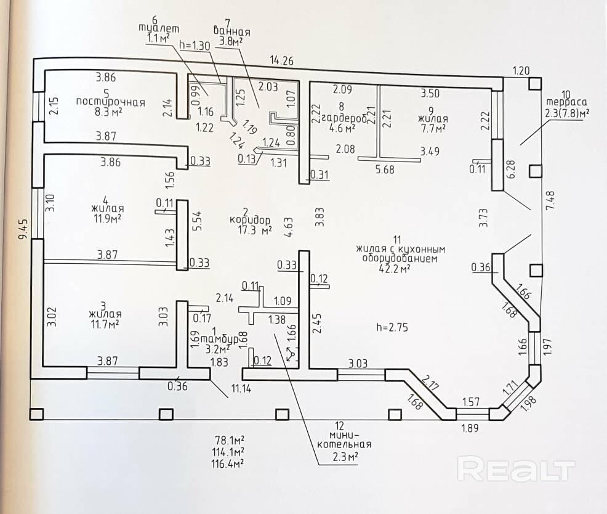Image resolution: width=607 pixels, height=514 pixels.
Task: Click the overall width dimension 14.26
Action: coord(282,60)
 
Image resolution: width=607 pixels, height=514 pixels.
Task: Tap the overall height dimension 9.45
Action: coord(23,229)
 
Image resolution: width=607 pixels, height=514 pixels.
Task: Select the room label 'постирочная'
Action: coord(111,102)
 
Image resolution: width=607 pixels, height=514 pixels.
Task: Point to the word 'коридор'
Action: coord(250,220)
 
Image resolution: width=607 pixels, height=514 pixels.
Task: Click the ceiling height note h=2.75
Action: coord(392,327)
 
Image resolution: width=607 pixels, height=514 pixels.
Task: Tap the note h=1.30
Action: coord(195,46)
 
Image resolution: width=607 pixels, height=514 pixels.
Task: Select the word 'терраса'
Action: coord(566,102)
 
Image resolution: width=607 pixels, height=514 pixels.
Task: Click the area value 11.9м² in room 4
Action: coord(107,218)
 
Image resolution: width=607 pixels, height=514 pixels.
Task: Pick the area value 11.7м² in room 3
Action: coord(105,324)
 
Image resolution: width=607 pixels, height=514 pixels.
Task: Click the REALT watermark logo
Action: coord(516,469)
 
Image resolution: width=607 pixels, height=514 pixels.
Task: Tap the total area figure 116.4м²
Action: coord(228,463)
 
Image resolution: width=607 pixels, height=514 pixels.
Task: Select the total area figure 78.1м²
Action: coord(229,440)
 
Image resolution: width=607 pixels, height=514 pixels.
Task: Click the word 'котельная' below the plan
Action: coord(344,444)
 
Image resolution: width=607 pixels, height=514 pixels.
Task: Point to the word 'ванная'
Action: coord(231,31)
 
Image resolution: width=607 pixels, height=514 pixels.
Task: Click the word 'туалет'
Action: coord(159,28)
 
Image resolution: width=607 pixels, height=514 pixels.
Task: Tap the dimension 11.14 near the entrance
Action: coord(241,388)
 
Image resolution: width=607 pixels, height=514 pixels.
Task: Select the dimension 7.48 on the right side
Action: coord(550,200)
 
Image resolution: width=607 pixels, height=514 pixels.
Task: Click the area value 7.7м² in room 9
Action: coord(433,128)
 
